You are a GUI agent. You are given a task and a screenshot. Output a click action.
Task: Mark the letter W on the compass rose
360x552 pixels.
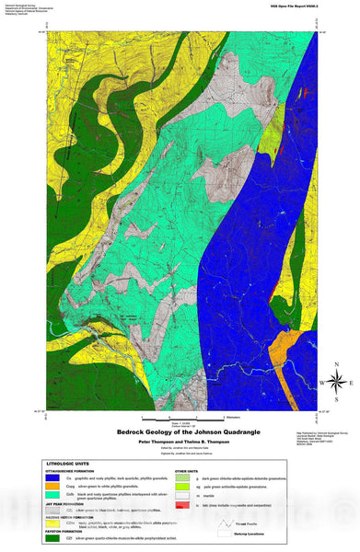[321, 383]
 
